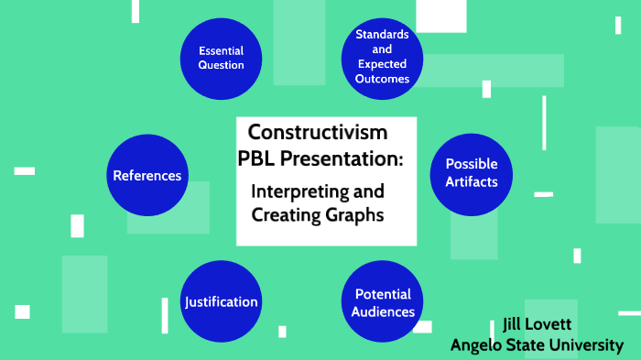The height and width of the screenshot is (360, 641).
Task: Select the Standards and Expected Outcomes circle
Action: [382, 57]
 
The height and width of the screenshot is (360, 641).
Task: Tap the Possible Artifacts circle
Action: [471, 173]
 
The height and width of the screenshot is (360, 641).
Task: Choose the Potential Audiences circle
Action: [382, 302]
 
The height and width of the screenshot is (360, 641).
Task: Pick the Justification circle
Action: [221, 301]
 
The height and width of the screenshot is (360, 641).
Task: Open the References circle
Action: [147, 175]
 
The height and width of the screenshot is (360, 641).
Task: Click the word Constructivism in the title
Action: [318, 132]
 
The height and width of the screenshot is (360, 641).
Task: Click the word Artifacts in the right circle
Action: [472, 181]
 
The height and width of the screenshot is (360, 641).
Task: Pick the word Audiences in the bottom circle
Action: [383, 311]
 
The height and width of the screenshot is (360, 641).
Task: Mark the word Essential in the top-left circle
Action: [222, 50]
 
